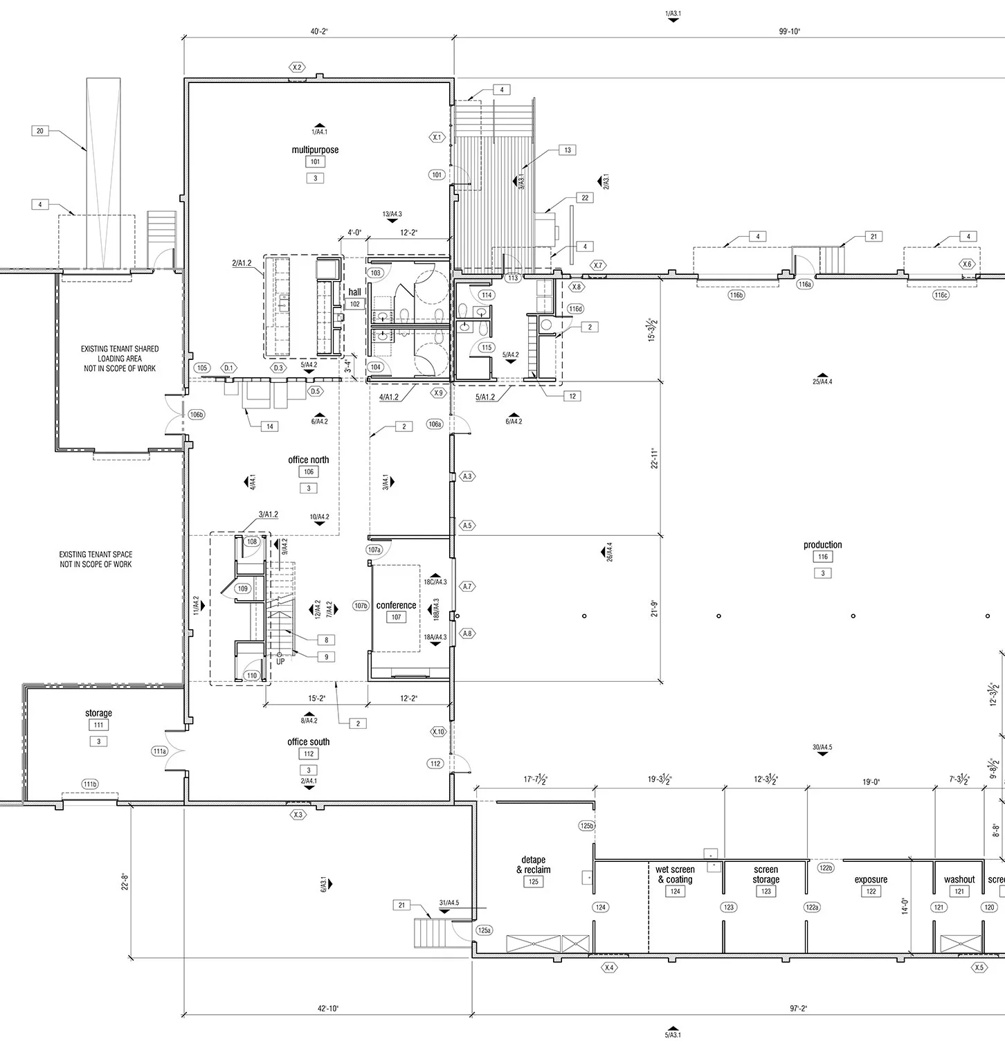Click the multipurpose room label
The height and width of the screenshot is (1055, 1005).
coord(315,150)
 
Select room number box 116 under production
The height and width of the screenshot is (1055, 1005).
coord(822,557)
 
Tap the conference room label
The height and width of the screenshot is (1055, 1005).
coord(396,605)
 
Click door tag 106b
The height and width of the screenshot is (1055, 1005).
coord(197,415)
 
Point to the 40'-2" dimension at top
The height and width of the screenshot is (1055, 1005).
coord(318,31)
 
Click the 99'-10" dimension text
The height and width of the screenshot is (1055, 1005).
coord(788,31)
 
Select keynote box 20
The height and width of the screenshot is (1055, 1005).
coord(40,131)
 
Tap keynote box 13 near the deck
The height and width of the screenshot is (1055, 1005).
coord(568,150)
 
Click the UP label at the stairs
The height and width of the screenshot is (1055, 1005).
coord(280,661)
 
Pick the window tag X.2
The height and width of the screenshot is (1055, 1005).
coord(297,67)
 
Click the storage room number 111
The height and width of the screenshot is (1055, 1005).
coord(98,725)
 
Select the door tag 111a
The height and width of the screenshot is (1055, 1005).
coord(160,751)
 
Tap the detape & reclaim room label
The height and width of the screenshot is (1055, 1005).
coord(534,865)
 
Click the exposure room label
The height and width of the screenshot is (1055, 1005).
coord(871,880)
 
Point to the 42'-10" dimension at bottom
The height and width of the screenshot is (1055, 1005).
coord(327,1009)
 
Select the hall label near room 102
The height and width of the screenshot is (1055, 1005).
coord(354,292)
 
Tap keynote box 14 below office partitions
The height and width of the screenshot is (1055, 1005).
coord(269,426)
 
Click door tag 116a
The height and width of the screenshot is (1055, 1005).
coord(804,285)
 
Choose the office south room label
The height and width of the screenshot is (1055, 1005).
coord(309,741)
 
